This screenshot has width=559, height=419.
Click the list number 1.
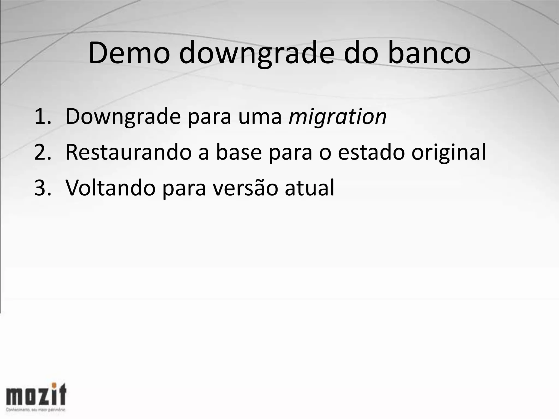click(42, 116)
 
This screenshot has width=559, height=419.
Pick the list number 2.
click(42, 152)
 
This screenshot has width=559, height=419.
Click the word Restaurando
click(129, 152)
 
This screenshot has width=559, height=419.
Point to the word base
click(239, 152)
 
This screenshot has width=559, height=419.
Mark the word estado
click(371, 152)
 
